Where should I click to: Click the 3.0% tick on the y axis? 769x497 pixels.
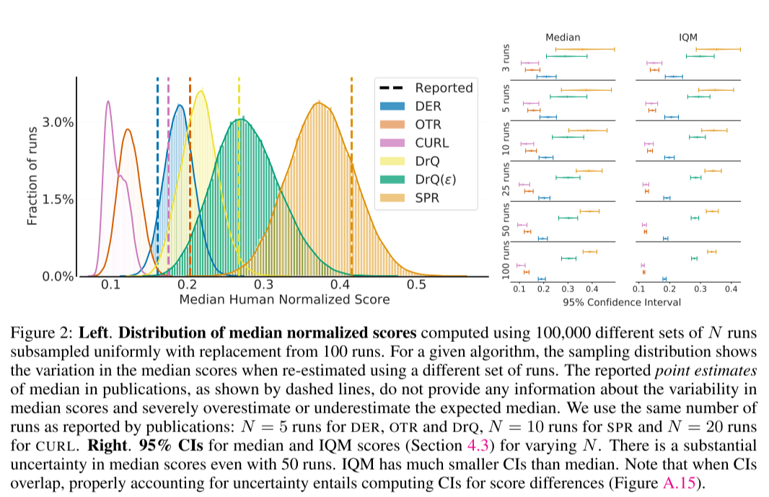click(x=60, y=123)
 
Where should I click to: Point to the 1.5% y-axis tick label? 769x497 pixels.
click(x=60, y=200)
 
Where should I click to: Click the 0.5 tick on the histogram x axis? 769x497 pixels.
click(x=416, y=284)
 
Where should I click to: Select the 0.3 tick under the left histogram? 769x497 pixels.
click(x=263, y=284)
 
